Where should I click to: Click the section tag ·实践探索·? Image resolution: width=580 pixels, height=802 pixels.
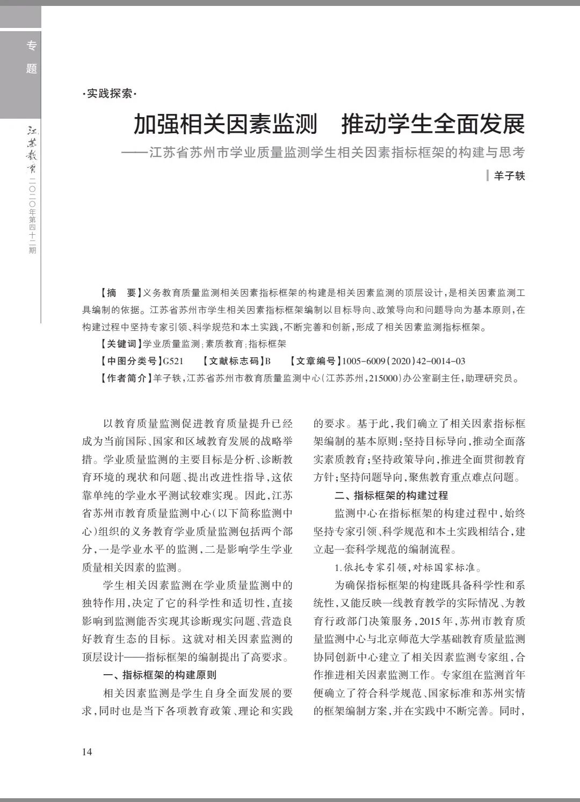click(x=110, y=93)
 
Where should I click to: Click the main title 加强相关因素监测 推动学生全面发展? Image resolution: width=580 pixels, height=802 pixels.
click(x=329, y=125)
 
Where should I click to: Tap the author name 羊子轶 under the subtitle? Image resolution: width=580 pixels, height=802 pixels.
click(x=509, y=176)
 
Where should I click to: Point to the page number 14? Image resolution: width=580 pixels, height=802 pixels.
click(x=87, y=752)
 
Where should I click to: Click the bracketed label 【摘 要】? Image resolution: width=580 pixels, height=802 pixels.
click(x=120, y=293)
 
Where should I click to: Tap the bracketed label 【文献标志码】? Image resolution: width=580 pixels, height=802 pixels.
click(x=233, y=361)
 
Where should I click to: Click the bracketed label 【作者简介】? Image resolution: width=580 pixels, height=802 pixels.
click(x=125, y=378)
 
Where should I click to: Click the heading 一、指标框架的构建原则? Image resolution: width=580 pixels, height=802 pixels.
click(x=160, y=675)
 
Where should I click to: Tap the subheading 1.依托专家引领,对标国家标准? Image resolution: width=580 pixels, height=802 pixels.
click(x=400, y=568)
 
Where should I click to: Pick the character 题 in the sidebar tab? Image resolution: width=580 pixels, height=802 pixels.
click(x=32, y=69)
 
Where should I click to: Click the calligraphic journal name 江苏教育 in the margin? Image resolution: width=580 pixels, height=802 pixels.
click(x=32, y=150)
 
